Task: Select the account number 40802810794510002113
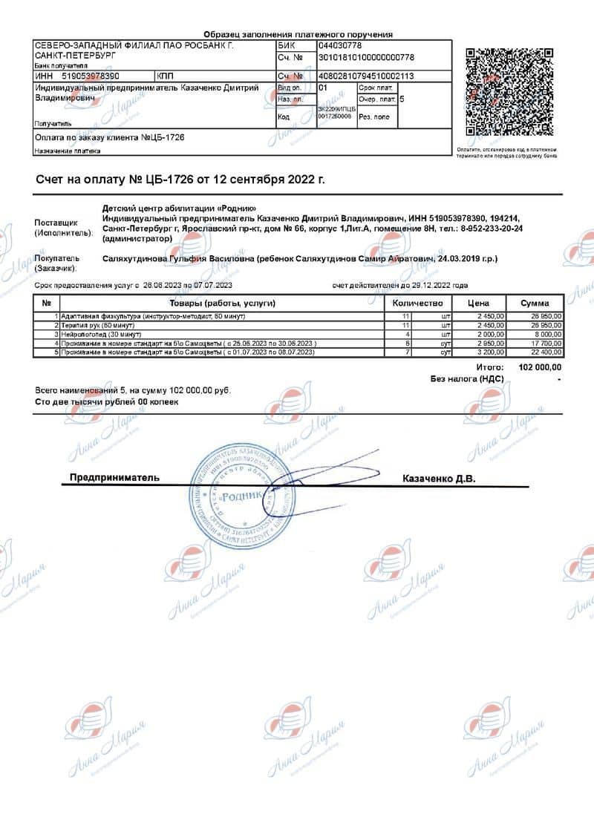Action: pyautogui.click(x=366, y=76)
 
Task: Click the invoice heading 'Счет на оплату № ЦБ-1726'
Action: pyautogui.click(x=180, y=180)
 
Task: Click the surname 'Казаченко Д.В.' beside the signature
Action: pyautogui.click(x=439, y=478)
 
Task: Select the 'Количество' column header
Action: pyautogui.click(x=417, y=303)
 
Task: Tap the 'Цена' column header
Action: pyautogui.click(x=477, y=303)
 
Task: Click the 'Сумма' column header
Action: pyautogui.click(x=535, y=303)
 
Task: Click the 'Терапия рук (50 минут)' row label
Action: pyautogui.click(x=100, y=326)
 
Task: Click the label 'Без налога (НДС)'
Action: pyautogui.click(x=467, y=378)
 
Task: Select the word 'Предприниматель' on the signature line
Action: pyautogui.click(x=115, y=478)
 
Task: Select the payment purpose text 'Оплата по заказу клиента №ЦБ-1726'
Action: pyautogui.click(x=110, y=137)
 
